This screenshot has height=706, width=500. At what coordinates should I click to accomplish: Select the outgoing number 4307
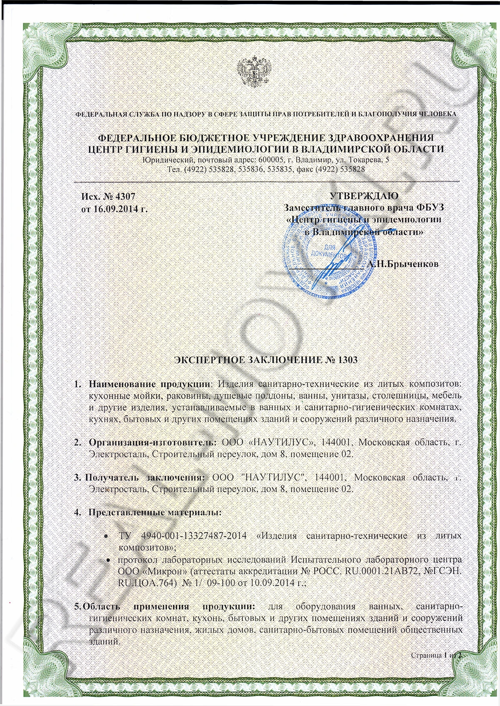click(x=123, y=196)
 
